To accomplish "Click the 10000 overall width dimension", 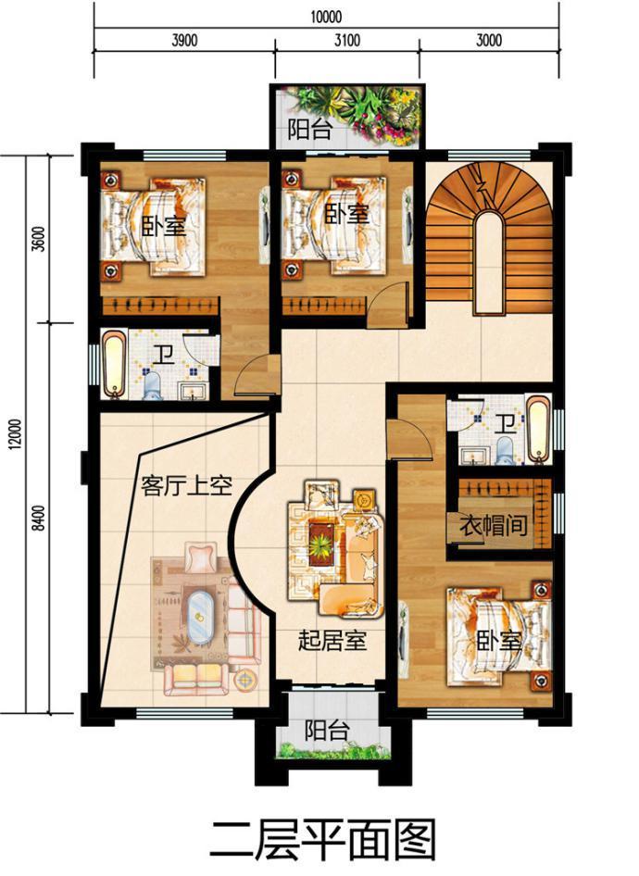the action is [x=326, y=16].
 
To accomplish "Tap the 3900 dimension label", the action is [x=184, y=40].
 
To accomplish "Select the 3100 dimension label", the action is [x=347, y=40].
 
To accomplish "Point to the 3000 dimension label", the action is [x=489, y=40].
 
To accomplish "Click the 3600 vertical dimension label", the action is [x=39, y=239].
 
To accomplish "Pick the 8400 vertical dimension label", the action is [x=39, y=518].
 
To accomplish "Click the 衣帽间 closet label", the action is [x=494, y=525].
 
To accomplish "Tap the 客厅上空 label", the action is [x=186, y=485].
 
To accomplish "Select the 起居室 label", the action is [x=332, y=640].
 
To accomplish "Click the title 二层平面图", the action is [x=323, y=840].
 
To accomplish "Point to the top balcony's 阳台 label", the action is [x=310, y=131].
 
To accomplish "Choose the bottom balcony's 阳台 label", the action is [x=328, y=731].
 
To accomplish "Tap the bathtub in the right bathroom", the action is [x=539, y=429].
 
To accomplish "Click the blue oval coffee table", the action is [x=199, y=616].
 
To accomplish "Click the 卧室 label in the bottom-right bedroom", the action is [x=499, y=642].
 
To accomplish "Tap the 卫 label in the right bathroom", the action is [x=507, y=423].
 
